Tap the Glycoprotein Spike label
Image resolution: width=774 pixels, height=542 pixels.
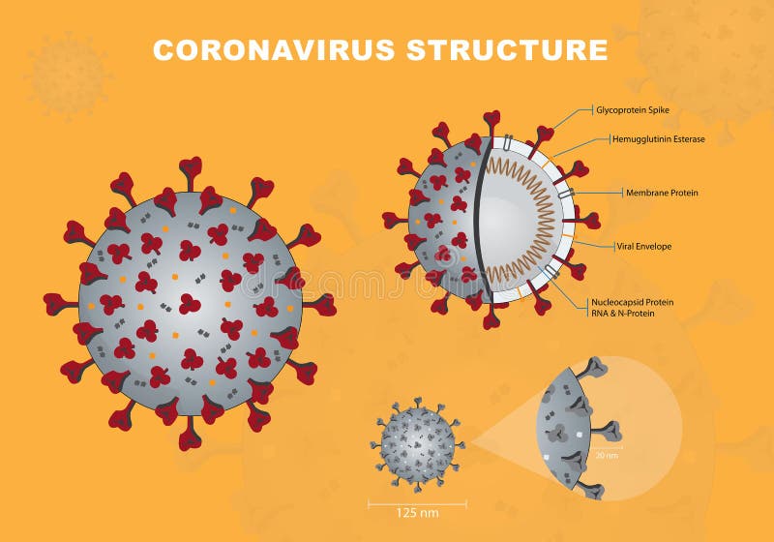633,110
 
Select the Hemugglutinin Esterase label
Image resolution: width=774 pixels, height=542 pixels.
658,139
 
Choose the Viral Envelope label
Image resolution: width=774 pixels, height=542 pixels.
643,246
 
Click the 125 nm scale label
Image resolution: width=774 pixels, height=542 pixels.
417,513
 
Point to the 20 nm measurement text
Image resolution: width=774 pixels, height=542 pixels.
607,454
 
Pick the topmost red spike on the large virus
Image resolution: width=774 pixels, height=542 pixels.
191,169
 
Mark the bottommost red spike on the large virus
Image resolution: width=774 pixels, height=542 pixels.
191,438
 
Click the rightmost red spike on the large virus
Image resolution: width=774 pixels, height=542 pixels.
322,304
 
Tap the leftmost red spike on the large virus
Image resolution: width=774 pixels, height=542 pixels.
56,304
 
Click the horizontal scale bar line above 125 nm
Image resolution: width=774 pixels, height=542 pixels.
417,502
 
